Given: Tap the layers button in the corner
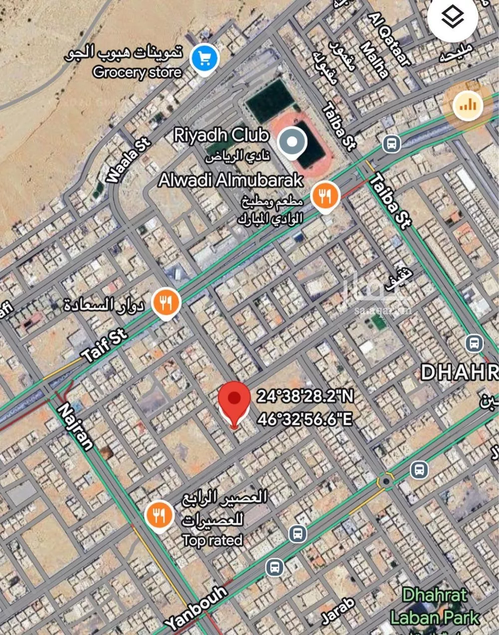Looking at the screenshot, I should point(453,18).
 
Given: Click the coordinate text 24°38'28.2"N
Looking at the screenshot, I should point(305,396).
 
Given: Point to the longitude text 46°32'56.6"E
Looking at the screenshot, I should point(305,419).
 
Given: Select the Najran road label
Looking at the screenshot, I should point(76,426).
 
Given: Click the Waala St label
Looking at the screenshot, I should point(128,161).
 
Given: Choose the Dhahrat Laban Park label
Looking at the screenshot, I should point(434,606).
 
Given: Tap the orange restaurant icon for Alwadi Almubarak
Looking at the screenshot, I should point(325,197).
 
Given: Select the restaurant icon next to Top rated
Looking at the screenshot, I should point(159,515).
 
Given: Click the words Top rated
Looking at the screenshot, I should point(212,540).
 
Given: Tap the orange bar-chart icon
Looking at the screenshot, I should point(468,105).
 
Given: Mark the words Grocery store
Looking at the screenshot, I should point(137,72).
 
